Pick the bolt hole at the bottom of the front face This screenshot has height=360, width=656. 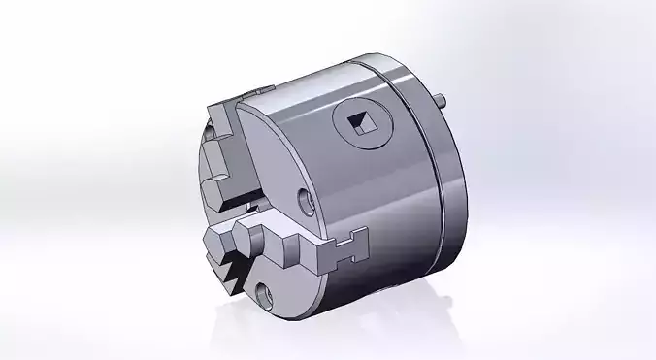263,290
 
